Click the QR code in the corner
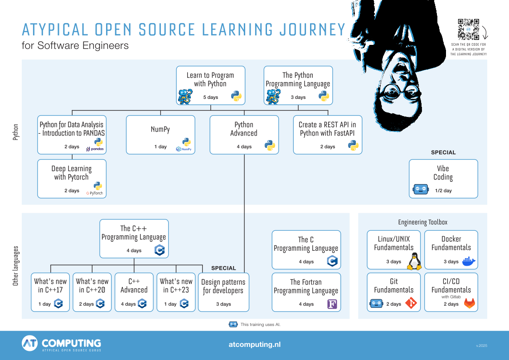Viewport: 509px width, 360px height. [x=468, y=29]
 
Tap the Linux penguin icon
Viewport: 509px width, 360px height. [x=414, y=261]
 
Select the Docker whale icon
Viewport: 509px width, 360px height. [x=469, y=261]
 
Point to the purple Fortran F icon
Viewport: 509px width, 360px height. [x=333, y=304]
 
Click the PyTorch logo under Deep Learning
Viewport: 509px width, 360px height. [x=95, y=193]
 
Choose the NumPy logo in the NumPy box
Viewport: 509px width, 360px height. [x=184, y=149]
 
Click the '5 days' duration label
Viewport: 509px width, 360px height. [x=210, y=97]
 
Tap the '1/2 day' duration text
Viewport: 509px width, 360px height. [x=443, y=191]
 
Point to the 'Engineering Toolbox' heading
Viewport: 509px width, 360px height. [x=422, y=222]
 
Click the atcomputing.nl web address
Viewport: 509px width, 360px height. [x=254, y=345]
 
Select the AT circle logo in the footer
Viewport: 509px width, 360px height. [x=30, y=344]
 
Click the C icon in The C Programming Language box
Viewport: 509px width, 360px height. [x=332, y=261]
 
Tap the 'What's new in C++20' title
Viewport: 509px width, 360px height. [x=92, y=286]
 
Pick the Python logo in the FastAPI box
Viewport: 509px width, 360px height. [x=353, y=146]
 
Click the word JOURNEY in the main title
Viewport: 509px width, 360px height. [x=312, y=30]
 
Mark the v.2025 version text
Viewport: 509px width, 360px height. [x=481, y=346]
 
